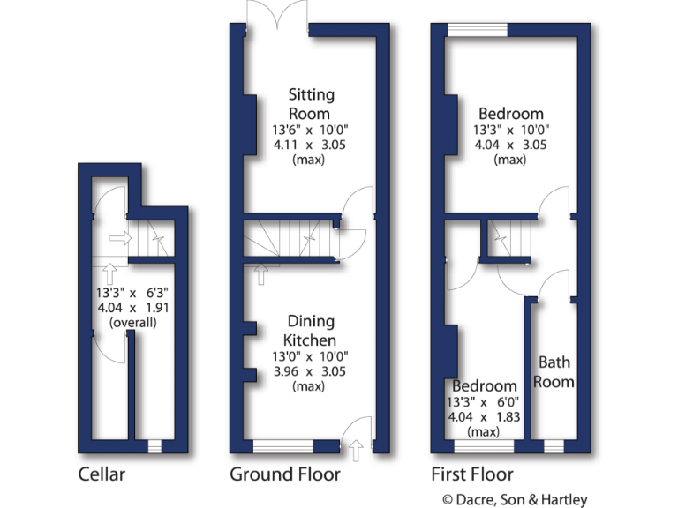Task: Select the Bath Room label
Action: [556, 371]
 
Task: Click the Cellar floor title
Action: [102, 474]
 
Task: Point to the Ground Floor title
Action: [285, 474]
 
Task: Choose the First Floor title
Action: [471, 474]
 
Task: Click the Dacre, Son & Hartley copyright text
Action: [514, 499]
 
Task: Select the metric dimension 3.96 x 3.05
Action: [309, 371]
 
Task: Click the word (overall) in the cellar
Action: [132, 323]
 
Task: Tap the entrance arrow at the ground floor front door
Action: [356, 452]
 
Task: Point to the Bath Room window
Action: [554, 445]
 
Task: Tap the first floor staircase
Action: [509, 235]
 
